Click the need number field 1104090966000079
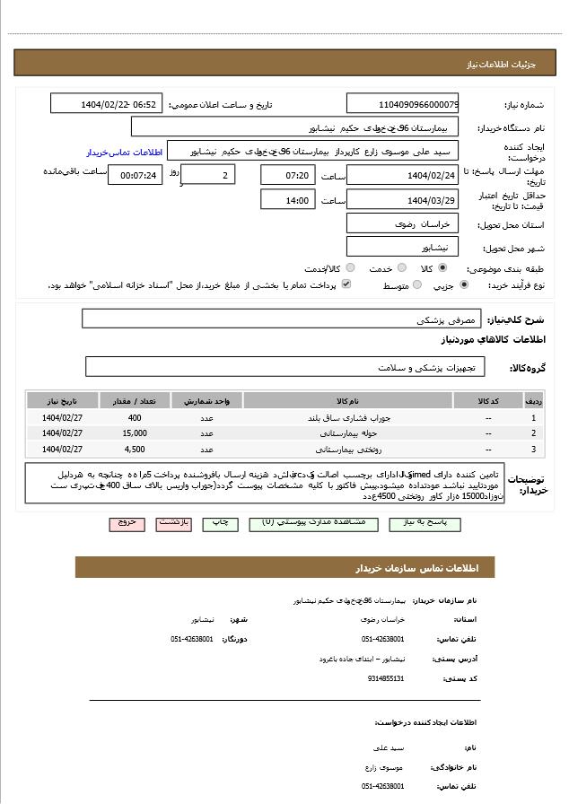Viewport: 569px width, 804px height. [x=402, y=104]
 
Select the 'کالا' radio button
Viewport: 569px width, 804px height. [x=443, y=268]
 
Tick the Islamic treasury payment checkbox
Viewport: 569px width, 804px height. [x=346, y=284]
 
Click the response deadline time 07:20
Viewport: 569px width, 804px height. [x=287, y=175]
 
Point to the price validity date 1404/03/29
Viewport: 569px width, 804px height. [x=402, y=200]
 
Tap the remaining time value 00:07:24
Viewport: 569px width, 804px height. [x=136, y=175]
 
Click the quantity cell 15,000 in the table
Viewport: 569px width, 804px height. [x=135, y=433]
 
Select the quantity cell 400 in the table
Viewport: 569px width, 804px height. [x=135, y=418]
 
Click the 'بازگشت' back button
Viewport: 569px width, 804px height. [x=173, y=522]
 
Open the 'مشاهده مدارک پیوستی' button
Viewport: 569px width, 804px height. [x=313, y=522]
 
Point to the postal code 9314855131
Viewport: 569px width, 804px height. [x=386, y=678]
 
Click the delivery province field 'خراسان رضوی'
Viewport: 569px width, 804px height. [x=402, y=223]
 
